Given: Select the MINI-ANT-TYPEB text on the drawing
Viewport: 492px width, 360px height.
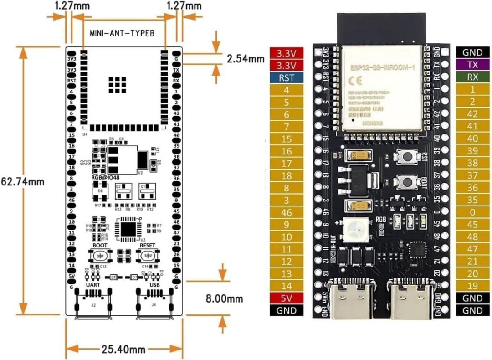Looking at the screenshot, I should [x=119, y=33].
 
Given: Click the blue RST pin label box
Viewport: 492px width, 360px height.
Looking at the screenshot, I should [x=287, y=77].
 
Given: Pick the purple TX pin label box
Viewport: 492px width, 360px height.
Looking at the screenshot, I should [x=472, y=65].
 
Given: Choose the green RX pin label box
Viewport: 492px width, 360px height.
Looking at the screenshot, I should [x=472, y=77].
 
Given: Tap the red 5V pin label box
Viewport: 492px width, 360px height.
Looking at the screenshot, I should [x=287, y=298].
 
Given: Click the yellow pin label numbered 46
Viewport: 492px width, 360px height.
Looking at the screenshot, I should [x=287, y=212].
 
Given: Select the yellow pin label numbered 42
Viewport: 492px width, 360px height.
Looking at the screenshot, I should [x=472, y=114].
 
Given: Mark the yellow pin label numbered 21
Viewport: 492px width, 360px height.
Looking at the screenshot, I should [x=472, y=262].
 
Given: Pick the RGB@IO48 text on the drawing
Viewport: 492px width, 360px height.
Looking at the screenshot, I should [x=102, y=177].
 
